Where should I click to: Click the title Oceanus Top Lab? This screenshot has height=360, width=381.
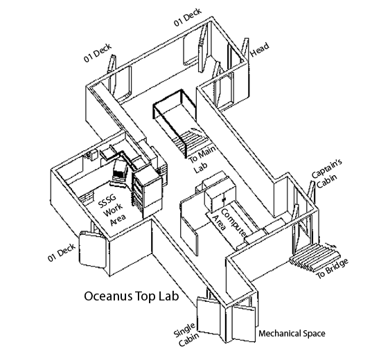click(132, 296)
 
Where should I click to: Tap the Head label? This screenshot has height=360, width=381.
click(260, 50)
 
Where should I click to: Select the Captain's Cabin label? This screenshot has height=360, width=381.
click(326, 173)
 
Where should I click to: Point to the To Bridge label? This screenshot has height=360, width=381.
click(333, 268)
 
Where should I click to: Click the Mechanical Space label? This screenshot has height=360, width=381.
click(292, 333)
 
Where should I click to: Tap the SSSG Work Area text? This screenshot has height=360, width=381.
click(112, 210)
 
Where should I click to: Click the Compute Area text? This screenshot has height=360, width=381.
click(229, 222)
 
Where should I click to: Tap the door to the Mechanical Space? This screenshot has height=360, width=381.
click(243, 323)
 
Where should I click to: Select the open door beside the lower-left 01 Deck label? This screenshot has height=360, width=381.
click(92, 249)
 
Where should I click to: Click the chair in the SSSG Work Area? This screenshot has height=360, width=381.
click(120, 173)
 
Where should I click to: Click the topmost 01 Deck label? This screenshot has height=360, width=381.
click(188, 17)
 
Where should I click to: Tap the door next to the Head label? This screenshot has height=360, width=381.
click(245, 48)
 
